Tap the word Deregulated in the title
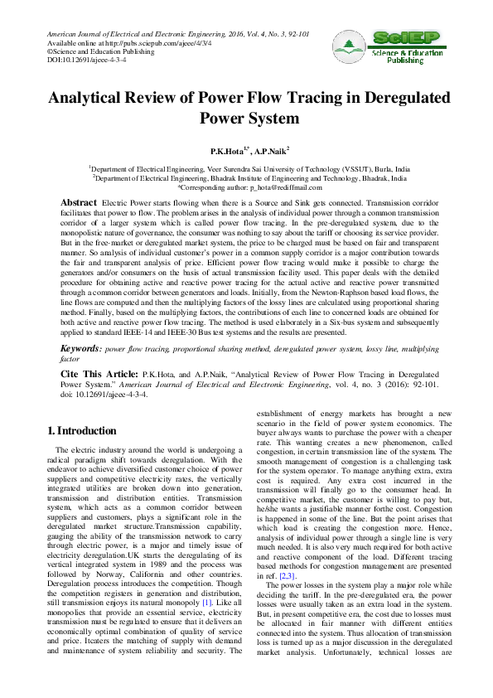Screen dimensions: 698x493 click(392, 97)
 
